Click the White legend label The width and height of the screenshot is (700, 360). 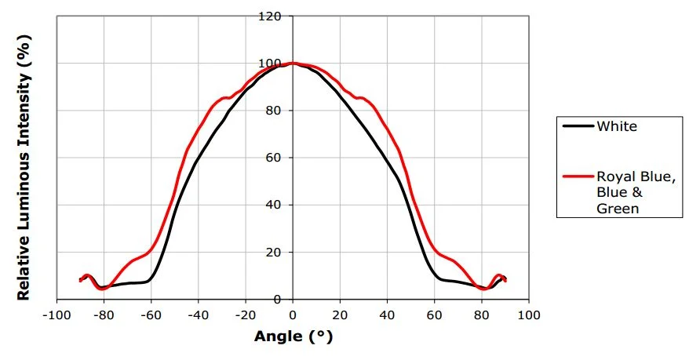616,126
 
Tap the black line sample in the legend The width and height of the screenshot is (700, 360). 577,126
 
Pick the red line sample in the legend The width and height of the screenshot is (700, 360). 577,177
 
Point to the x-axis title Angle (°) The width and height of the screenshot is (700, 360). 293,338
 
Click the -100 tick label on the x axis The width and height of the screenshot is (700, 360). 54,315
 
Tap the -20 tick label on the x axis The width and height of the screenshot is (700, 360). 245,315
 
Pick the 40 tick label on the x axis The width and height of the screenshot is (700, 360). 388,315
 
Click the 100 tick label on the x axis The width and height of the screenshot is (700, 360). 529,315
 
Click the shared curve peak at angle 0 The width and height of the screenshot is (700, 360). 293,63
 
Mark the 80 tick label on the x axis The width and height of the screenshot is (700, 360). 482,315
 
